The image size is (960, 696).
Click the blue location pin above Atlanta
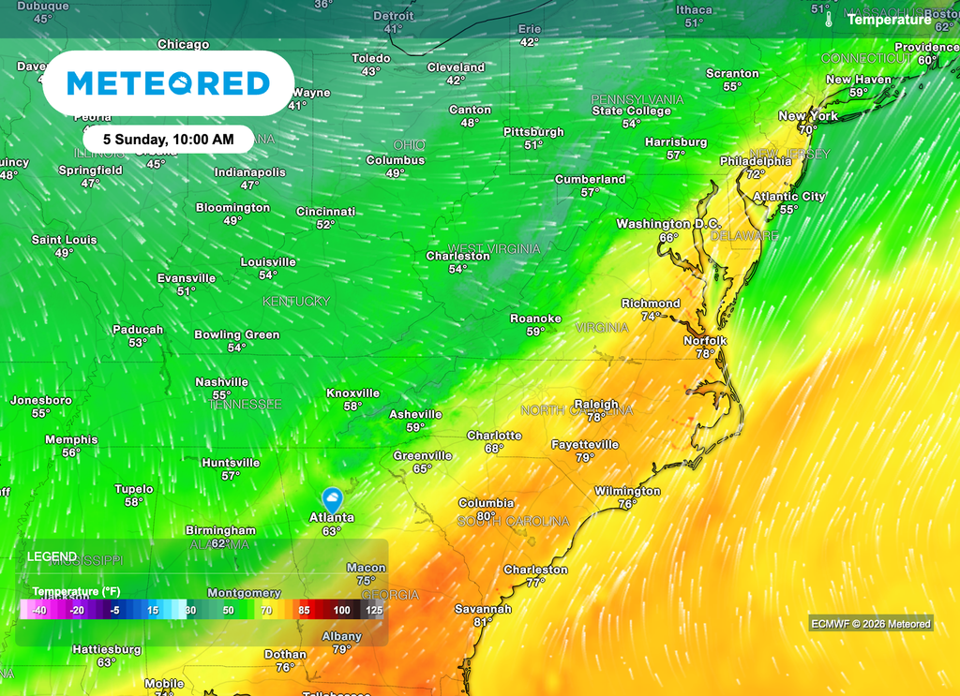331,498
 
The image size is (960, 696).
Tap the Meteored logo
169,83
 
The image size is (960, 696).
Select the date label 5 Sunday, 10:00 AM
169,139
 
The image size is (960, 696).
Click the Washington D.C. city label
667,224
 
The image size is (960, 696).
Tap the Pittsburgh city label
533,132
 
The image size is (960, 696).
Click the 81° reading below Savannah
483,622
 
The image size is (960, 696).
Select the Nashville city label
221,382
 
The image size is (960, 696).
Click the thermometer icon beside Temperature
829,19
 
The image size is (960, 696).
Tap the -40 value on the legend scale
38,610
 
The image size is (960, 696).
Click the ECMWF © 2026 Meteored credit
870,624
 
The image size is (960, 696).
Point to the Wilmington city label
627,491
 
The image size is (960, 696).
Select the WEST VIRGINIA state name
494,248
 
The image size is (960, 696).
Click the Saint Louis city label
64,240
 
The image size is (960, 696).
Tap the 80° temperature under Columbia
486,516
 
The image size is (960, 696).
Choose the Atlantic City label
789,197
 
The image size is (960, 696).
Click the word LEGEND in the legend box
52,556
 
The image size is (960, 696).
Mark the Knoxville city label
352,393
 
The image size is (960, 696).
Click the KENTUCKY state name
296,301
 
